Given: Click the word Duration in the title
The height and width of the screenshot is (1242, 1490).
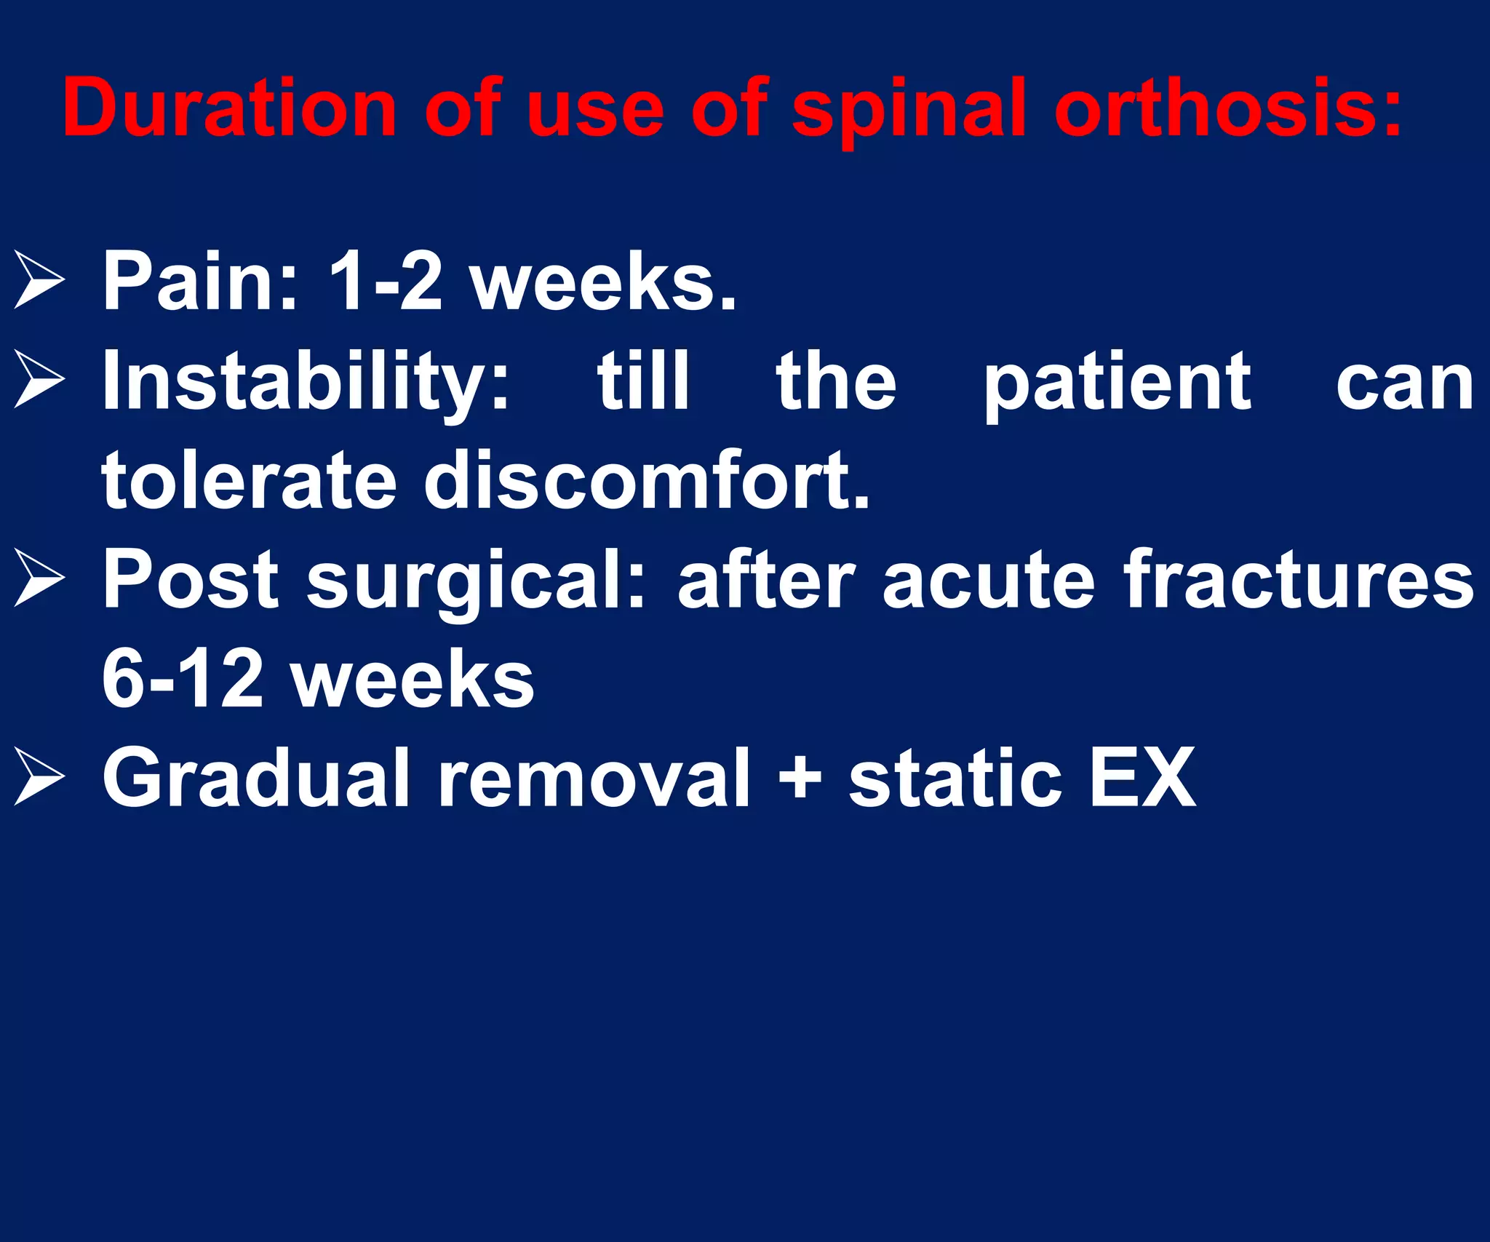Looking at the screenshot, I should coord(229,108).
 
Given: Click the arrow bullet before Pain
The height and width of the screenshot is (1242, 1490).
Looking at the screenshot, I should coord(39,280).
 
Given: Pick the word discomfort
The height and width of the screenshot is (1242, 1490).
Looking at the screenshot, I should coord(647,480).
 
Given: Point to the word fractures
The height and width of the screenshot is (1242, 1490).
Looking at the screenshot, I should coord(1299,580).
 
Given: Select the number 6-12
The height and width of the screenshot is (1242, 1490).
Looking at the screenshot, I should coord(182,679).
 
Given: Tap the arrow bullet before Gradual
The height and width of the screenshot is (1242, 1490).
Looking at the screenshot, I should coord(39,777).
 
